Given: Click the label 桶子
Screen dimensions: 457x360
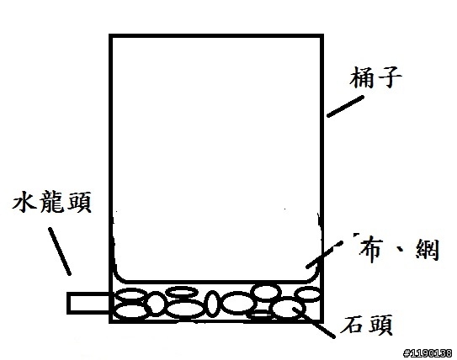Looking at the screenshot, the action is tap(375, 77).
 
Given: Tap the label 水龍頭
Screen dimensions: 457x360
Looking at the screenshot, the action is tap(52, 202).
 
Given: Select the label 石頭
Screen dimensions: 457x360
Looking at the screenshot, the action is tap(366, 325).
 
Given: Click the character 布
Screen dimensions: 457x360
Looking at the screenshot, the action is tap(369, 251).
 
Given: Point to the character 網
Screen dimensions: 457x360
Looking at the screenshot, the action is tap(428, 249).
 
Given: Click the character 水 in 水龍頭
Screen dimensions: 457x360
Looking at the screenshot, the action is tap(24, 202).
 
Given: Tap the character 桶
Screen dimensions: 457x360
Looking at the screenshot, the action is tap(362, 77).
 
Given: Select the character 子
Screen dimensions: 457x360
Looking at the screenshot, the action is tap(390, 77).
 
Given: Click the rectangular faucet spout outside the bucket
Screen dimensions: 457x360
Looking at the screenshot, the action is tap(88, 303).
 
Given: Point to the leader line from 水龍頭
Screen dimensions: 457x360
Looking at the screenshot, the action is tap(60, 251).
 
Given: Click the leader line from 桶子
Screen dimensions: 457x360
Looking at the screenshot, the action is tap(345, 106).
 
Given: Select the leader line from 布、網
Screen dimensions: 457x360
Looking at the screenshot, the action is tap(324, 254).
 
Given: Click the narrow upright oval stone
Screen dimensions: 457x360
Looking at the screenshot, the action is tap(212, 304).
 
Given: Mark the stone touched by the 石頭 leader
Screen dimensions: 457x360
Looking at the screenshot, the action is tap(288, 309).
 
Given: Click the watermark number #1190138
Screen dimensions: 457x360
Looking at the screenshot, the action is tap(428, 353).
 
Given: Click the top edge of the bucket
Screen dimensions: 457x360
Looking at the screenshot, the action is tap(216, 36).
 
